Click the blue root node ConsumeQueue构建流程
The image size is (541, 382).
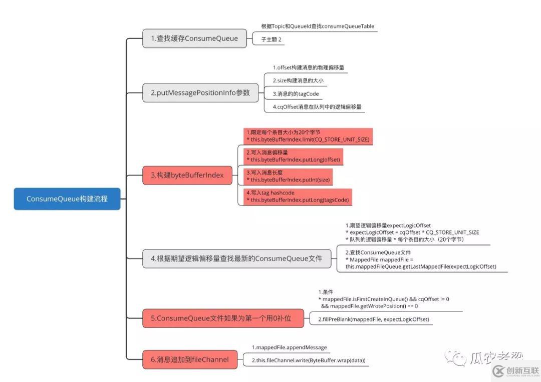tap(67, 198)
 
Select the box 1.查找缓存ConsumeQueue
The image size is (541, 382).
tap(194, 38)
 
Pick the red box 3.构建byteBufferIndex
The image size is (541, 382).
tap(187, 175)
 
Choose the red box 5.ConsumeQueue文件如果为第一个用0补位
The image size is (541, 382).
tap(223, 318)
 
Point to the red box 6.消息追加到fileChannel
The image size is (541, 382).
tap(190, 359)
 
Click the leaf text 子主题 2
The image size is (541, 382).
tap(271, 39)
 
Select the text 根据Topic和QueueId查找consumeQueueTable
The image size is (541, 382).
tap(318, 26)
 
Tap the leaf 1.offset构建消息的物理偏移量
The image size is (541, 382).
tap(308, 67)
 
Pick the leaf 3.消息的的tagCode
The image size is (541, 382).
tap(296, 93)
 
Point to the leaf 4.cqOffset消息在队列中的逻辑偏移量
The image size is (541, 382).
tap(317, 106)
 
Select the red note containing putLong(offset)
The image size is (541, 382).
tap(293, 155)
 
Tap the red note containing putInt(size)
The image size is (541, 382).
tap(289, 176)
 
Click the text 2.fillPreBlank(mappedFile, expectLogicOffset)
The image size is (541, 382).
tap(374, 319)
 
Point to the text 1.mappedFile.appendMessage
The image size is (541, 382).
tap(289, 347)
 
